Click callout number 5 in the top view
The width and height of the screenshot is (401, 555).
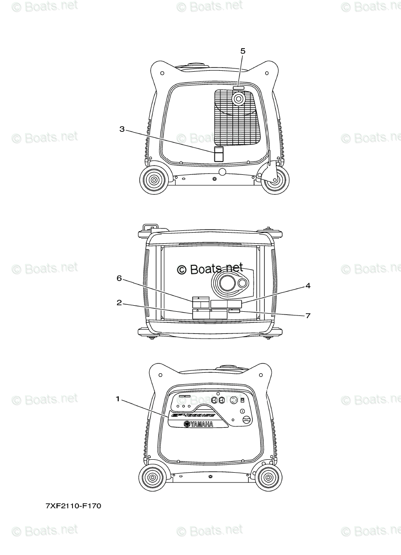pos(243,51)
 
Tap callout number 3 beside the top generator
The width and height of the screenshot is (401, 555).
pos(122,129)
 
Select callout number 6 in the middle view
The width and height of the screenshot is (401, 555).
pos(119,278)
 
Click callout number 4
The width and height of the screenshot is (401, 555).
pos(307,286)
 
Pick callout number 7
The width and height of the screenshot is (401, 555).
pos(308,316)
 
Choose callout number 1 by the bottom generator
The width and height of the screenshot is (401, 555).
pos(118,398)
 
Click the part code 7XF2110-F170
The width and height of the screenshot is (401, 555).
pos(73,506)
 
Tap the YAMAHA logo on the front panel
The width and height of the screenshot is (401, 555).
pos(199,425)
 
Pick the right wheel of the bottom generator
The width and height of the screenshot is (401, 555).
pos(268,478)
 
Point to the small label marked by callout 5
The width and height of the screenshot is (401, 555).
pos(238,87)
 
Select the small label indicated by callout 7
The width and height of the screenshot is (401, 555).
pos(234,312)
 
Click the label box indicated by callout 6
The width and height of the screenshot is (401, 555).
pos(200,302)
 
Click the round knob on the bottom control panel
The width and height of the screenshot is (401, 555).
pos(246,420)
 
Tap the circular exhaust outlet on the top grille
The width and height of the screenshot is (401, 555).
pos(239,99)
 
